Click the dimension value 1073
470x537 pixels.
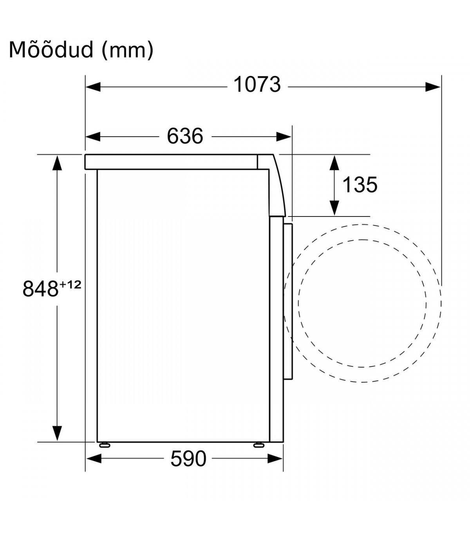pos(257,85)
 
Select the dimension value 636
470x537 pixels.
pos(185,136)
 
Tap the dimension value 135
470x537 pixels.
pos(360,185)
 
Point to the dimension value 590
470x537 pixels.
pos(188,458)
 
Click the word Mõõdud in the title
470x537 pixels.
pos(51,50)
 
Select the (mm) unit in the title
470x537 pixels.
pos(127,50)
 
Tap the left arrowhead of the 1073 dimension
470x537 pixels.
pos(93,87)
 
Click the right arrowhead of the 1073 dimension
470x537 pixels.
pos(433,87)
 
